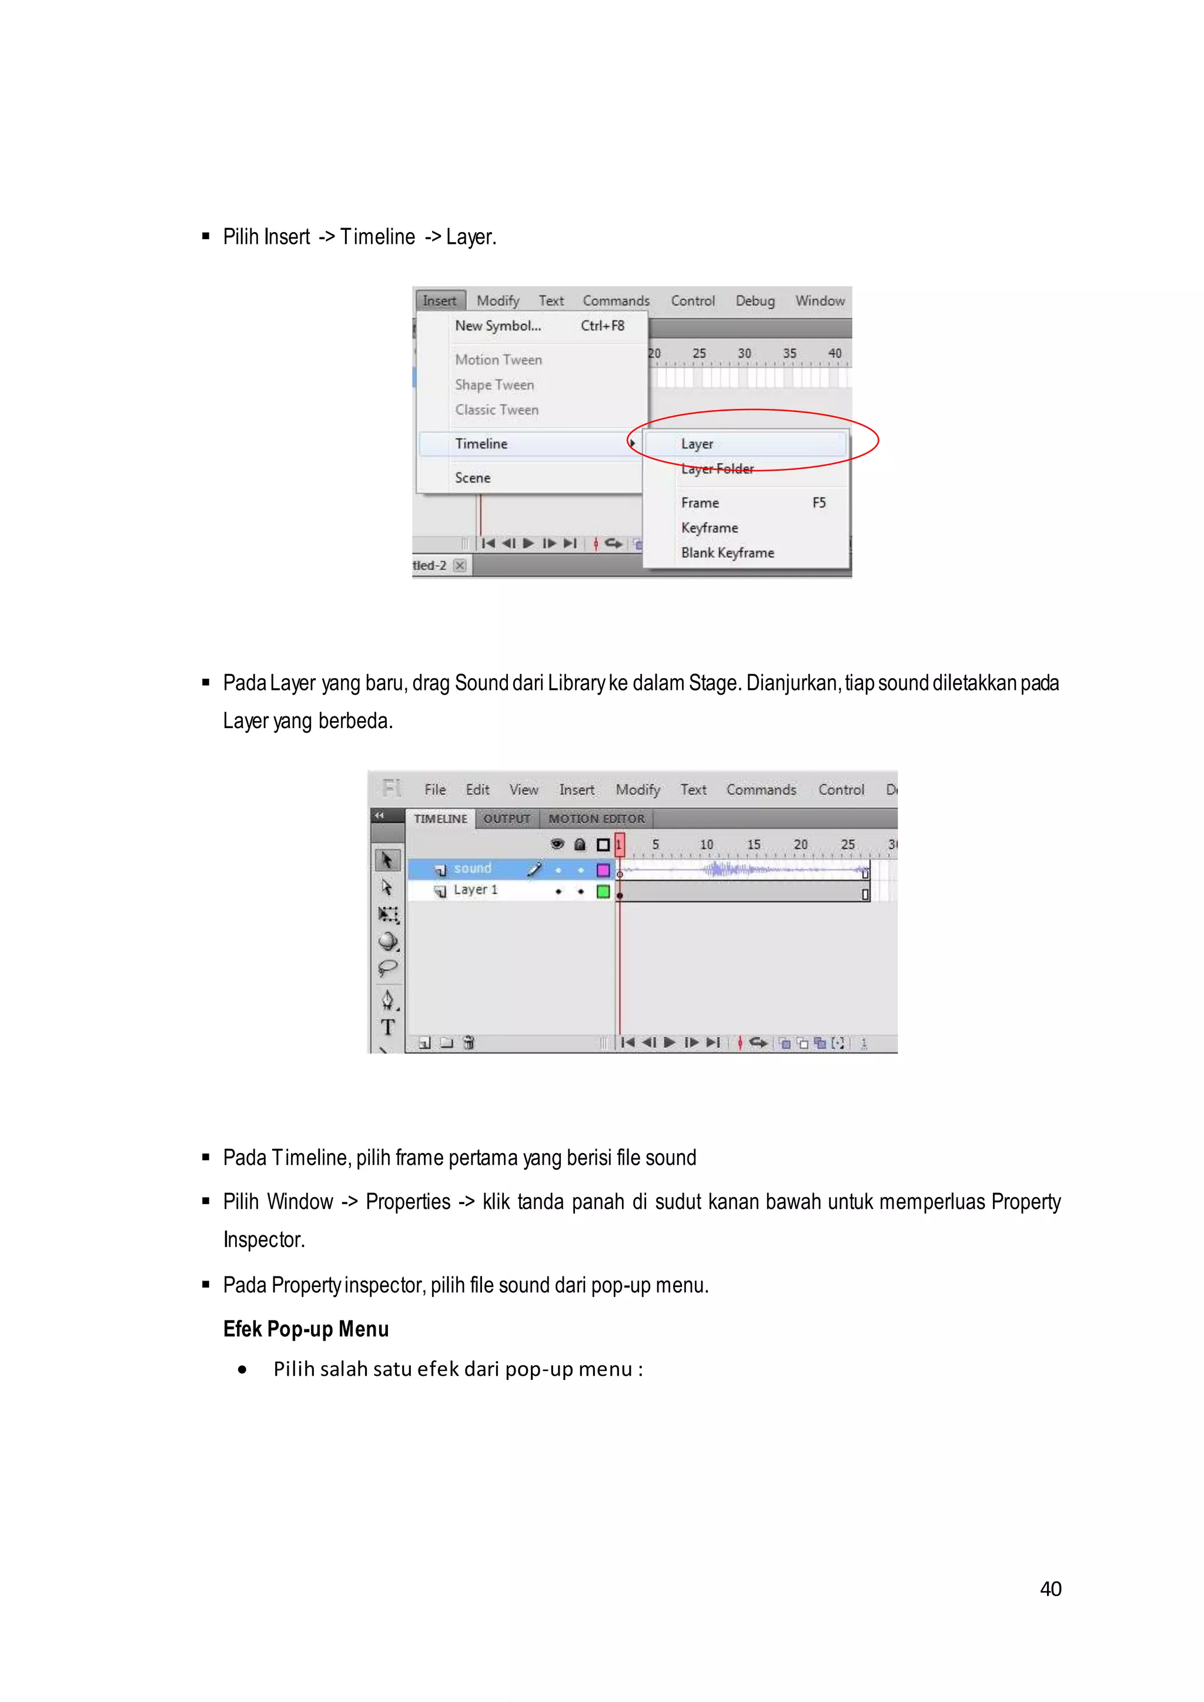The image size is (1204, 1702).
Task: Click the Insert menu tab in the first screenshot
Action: coord(440,300)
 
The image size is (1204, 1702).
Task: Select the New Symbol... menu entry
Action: coord(497,326)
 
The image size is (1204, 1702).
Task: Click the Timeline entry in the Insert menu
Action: coord(481,443)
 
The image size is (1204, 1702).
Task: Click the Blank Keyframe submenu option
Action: coord(727,553)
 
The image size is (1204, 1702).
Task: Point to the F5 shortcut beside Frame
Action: coord(818,502)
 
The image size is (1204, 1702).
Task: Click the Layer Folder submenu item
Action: coord(717,469)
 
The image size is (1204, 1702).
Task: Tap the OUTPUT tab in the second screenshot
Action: coord(506,819)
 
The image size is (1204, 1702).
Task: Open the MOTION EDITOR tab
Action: coord(596,819)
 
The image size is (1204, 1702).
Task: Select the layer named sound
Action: coord(472,868)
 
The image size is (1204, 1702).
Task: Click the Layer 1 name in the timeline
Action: coord(475,890)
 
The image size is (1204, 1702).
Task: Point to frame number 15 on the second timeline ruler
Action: coord(753,845)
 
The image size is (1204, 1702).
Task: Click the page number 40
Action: coord(1050,1589)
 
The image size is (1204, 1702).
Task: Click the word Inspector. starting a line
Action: coord(264,1239)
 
